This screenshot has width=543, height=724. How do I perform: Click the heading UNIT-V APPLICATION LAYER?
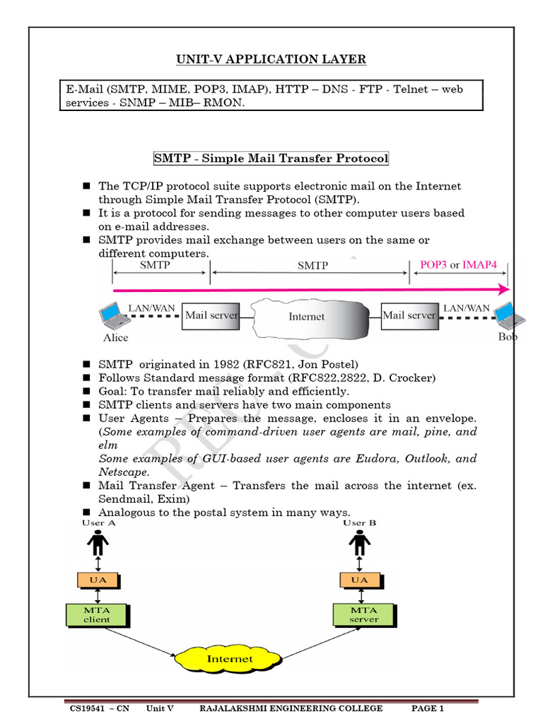271,59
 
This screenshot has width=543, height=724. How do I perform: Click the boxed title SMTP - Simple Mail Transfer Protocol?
271,158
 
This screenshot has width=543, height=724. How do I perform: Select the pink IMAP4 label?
480,265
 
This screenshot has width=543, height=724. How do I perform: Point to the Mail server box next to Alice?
211,316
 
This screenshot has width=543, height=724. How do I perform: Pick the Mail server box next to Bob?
409,316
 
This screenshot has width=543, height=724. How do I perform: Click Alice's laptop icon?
113,315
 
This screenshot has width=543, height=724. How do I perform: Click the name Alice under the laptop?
116,338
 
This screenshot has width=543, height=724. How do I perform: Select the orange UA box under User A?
98,580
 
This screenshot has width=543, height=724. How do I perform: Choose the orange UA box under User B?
359,580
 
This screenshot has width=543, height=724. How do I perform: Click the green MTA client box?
97,615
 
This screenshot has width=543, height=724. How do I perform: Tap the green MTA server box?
363,614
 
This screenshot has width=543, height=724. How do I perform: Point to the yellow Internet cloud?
228,659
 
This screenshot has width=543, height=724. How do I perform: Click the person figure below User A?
98,543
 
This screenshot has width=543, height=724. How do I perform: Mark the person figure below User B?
359,543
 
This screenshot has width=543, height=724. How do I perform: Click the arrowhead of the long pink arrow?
503,289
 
